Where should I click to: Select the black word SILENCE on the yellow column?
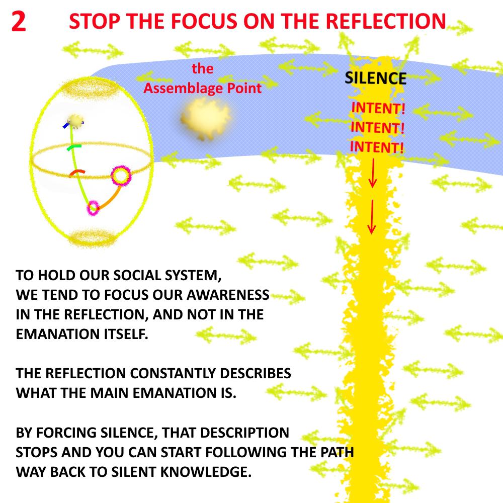point(375,78)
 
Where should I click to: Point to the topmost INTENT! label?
point(378,108)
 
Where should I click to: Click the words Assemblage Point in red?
point(203,89)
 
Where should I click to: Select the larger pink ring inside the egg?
point(121,176)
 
